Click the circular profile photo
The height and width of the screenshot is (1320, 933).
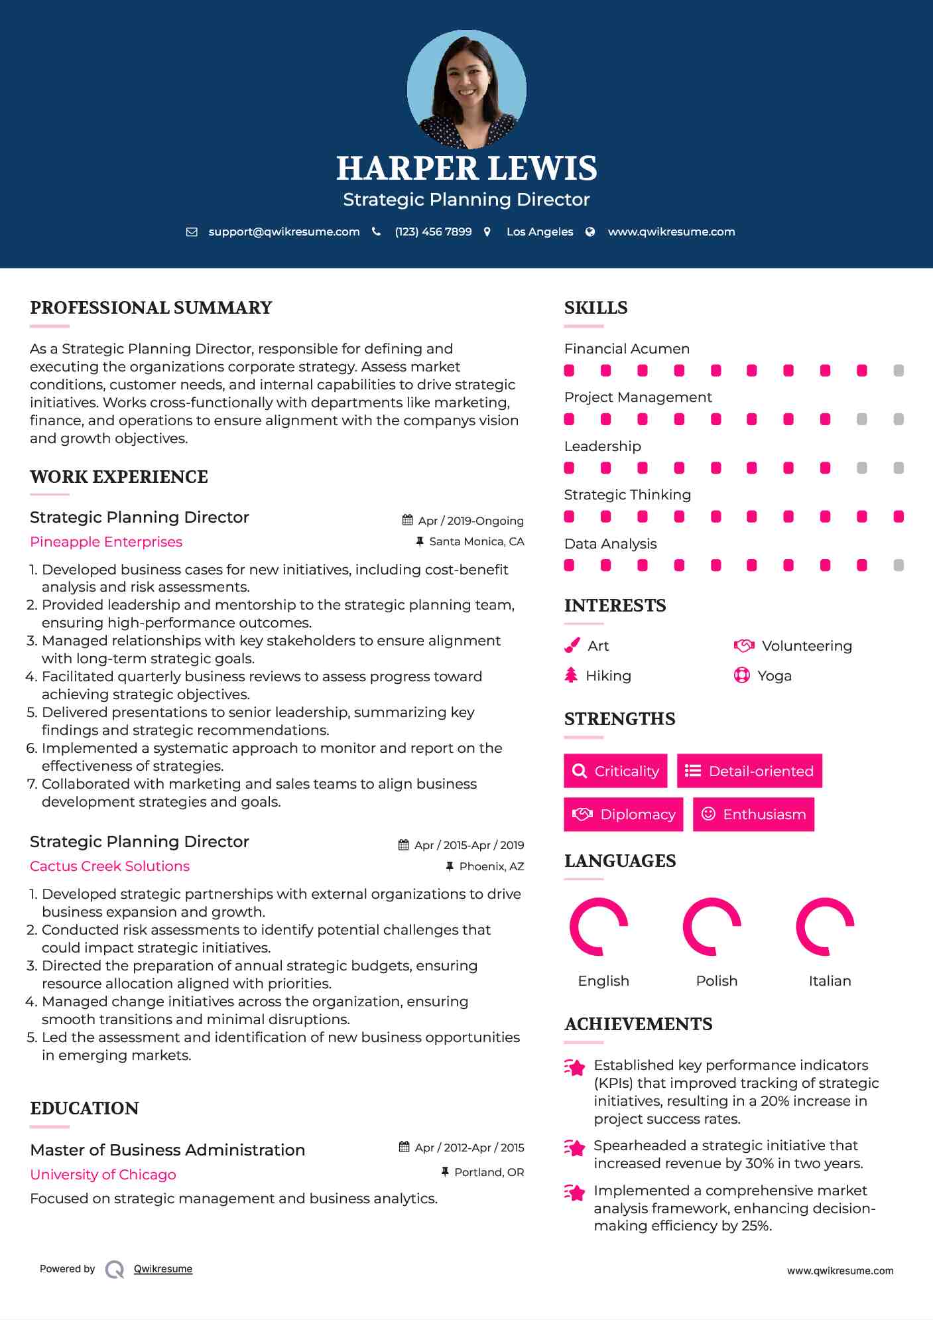coord(466,89)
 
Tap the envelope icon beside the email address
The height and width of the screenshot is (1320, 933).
coord(192,232)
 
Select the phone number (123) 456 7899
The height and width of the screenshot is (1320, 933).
coord(433,232)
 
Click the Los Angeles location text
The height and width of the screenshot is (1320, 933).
coord(539,232)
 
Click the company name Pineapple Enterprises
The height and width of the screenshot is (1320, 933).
coord(106,542)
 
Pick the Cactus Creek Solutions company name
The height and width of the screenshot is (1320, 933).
coord(109,866)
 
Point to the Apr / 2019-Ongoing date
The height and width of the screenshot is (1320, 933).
coord(470,521)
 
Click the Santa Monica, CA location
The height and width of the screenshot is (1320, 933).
coord(476,542)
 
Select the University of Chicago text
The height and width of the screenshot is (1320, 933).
coord(103,1175)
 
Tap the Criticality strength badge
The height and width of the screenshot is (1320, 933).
coord(615,771)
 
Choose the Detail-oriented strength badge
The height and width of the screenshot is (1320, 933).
coord(749,771)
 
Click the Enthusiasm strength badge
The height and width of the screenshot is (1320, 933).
coord(753,814)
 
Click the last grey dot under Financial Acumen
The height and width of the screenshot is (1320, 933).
coord(899,371)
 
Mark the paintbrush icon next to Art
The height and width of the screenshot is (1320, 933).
coord(572,645)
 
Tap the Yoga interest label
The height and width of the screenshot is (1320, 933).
coord(774,676)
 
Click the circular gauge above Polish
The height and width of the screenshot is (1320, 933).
coord(712,927)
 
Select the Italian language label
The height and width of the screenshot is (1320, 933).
coord(830,981)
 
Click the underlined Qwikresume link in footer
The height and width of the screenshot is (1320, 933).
coord(163,1269)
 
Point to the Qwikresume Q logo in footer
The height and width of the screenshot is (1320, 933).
coord(115,1270)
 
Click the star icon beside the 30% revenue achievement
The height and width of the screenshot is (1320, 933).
coord(574,1148)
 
